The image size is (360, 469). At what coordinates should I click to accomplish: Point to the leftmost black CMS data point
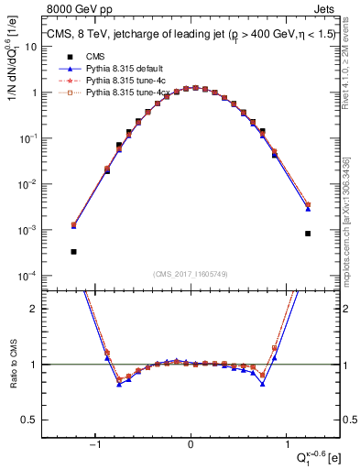[x=73, y=251]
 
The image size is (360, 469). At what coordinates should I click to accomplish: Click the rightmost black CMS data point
[x=308, y=234]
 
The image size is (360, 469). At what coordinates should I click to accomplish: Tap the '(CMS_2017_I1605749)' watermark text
[x=191, y=275]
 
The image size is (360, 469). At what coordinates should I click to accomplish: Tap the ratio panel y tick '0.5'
[x=34, y=420]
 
